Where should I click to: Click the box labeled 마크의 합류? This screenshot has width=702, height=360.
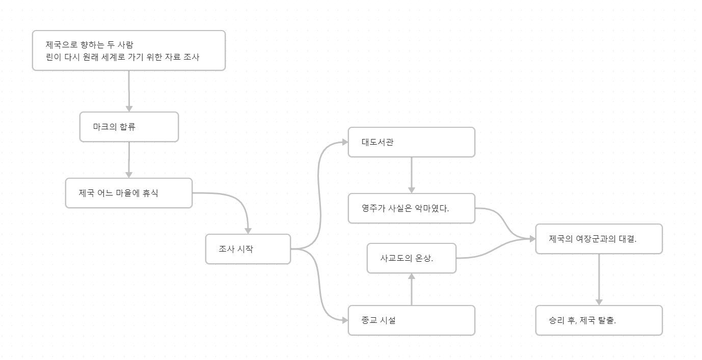[x=129, y=127]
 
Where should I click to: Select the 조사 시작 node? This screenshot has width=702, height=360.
[x=248, y=249]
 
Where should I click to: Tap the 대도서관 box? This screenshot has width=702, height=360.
[x=411, y=142]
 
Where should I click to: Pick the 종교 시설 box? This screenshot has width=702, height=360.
[x=411, y=320]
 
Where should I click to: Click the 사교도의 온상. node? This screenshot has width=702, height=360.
[x=411, y=258]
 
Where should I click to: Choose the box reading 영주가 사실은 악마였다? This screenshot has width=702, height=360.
[x=411, y=208]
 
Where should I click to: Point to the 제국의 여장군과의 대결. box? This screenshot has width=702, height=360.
[x=599, y=239]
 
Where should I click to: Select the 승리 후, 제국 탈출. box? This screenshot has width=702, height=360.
[x=599, y=320]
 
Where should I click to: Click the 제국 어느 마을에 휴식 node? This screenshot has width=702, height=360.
[x=128, y=193]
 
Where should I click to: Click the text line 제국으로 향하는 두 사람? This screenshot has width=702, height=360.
[x=90, y=44]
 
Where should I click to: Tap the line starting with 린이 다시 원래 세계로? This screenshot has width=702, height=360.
[x=122, y=57]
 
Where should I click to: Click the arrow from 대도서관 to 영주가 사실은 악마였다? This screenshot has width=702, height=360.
[x=411, y=175]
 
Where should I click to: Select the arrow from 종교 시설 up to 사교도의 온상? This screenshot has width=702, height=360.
[x=411, y=289]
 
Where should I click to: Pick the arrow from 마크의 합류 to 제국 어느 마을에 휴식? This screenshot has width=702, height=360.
[x=129, y=159]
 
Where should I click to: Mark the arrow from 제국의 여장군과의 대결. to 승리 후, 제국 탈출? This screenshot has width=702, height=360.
[x=599, y=279]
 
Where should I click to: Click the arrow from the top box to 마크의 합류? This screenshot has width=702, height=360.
[x=129, y=91]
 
